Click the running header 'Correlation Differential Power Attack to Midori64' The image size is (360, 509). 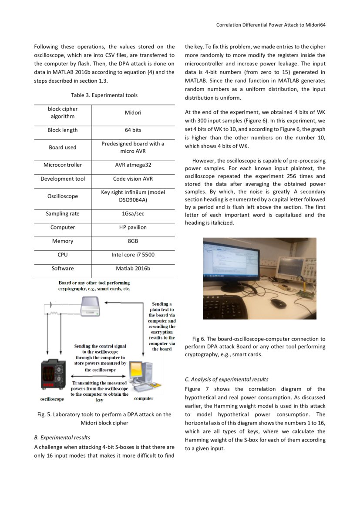pos(271,25)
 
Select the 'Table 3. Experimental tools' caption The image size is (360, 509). pos(104,95)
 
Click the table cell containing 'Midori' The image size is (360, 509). pos(133,113)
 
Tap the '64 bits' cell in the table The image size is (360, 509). pos(133,130)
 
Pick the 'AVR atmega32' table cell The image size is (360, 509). pos(133,165)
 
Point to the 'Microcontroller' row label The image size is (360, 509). pos(62,165)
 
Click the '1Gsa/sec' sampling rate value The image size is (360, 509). pos(133,214)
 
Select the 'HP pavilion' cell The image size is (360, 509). pos(133,227)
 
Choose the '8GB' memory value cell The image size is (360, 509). pos(133,241)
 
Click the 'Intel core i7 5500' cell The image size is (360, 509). pos(133,255)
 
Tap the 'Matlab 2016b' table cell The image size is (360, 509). pos(133,269)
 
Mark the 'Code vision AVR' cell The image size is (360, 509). pos(133,179)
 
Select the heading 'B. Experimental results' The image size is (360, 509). pos(62,438)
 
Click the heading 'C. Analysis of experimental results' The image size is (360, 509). pos(226,379)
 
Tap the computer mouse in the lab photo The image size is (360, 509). pos(278,301)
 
